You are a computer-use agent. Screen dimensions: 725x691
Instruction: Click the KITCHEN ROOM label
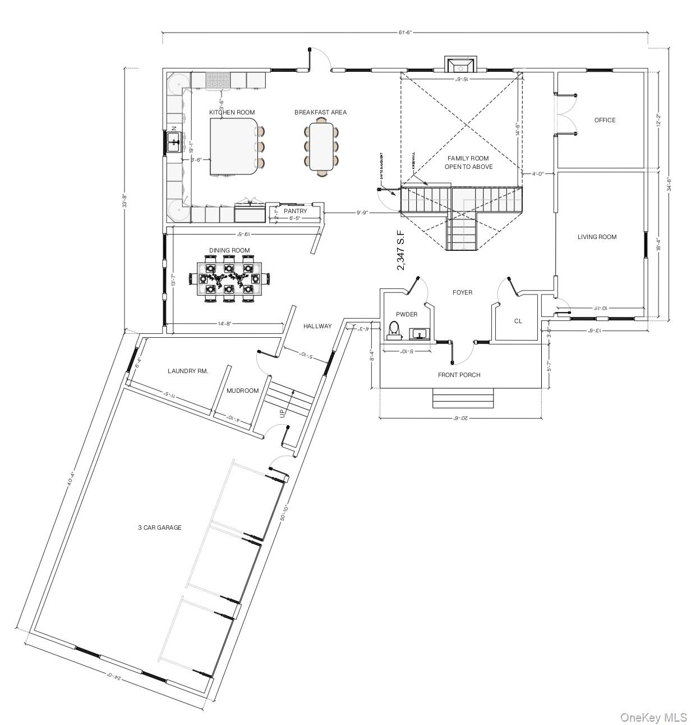(x=232, y=112)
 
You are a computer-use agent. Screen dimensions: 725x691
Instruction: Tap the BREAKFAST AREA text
(x=320, y=112)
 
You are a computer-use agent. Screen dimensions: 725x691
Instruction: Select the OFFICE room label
(x=605, y=120)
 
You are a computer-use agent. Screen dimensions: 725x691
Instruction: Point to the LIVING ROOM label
(x=597, y=237)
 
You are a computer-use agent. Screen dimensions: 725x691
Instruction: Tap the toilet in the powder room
(x=394, y=330)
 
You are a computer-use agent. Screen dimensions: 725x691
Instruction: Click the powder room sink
(x=418, y=334)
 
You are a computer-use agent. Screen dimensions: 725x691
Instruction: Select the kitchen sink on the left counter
(x=174, y=143)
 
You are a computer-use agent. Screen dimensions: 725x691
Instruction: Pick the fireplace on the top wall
(x=460, y=65)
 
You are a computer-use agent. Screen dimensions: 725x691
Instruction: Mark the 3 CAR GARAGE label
(x=160, y=527)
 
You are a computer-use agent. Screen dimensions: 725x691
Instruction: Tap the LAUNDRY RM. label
(x=188, y=371)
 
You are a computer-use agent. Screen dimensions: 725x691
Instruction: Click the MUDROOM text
(x=242, y=391)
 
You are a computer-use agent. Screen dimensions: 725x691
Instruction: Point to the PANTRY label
(x=295, y=211)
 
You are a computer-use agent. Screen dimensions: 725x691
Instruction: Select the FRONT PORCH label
(x=459, y=375)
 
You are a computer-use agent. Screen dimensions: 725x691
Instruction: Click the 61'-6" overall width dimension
(x=405, y=33)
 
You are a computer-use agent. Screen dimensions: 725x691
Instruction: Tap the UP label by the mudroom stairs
(x=283, y=413)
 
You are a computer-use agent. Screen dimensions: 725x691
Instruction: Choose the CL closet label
(x=518, y=321)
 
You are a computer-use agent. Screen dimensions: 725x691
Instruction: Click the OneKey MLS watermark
(x=653, y=717)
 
